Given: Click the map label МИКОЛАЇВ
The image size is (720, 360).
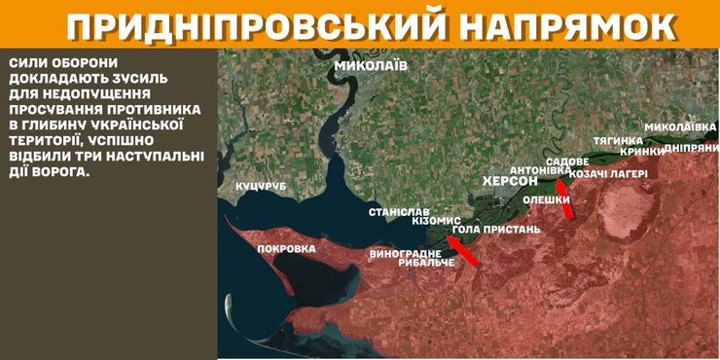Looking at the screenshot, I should pos(371,67).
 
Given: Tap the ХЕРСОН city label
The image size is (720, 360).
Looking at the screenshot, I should pos(510,182).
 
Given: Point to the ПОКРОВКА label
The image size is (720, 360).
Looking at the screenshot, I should pos(286,249).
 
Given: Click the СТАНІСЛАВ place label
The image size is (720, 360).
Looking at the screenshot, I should pos(399,211).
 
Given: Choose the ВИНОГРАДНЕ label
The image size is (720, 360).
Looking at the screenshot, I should pos(406,254).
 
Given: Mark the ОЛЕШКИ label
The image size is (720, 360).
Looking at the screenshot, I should pos(547,200).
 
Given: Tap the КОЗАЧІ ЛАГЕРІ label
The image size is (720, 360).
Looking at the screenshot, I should pos(609,173).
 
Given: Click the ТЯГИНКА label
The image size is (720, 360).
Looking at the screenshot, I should pos(618,140).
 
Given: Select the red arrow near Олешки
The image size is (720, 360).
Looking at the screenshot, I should pos(565,198).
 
